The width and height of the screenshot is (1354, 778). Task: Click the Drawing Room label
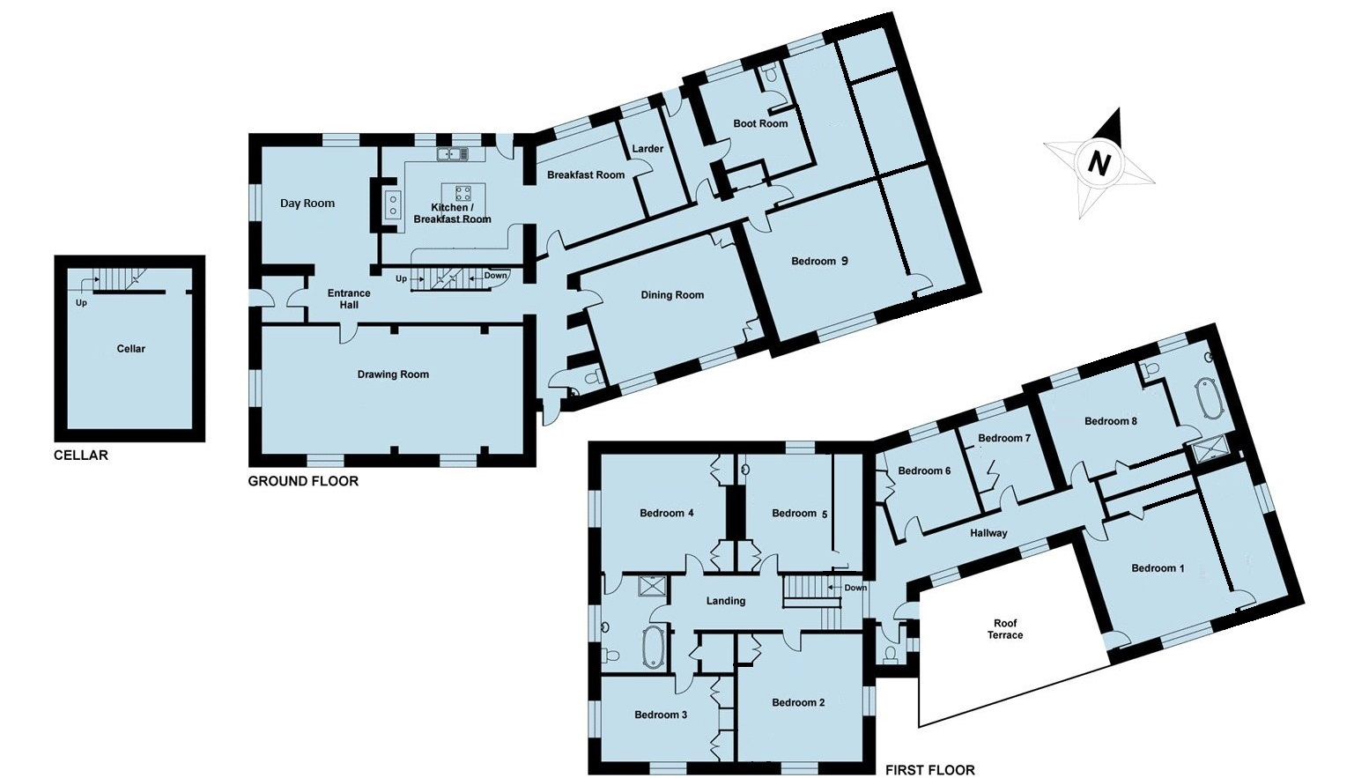(393, 374)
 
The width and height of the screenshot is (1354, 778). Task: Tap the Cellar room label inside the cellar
(130, 349)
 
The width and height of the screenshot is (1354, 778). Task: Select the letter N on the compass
(1099, 162)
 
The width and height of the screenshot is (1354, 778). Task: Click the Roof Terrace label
(1005, 629)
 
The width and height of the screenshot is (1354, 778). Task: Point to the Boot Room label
(760, 123)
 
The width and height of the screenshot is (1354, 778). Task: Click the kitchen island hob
(463, 194)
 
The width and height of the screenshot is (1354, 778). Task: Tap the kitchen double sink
(453, 154)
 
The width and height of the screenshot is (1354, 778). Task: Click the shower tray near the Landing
(653, 587)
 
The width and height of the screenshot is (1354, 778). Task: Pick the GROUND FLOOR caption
(303, 481)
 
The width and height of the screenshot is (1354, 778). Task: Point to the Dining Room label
(672, 295)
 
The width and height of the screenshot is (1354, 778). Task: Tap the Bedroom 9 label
(819, 261)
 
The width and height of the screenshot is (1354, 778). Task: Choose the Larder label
(647, 149)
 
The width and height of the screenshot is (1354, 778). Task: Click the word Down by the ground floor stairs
(496, 276)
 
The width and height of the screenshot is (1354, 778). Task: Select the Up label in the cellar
(81, 303)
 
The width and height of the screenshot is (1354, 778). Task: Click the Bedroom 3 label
(661, 715)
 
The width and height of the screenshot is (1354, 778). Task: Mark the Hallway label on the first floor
(989, 533)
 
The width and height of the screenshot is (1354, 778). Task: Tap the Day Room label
(307, 204)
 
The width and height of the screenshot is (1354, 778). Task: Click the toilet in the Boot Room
(769, 74)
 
